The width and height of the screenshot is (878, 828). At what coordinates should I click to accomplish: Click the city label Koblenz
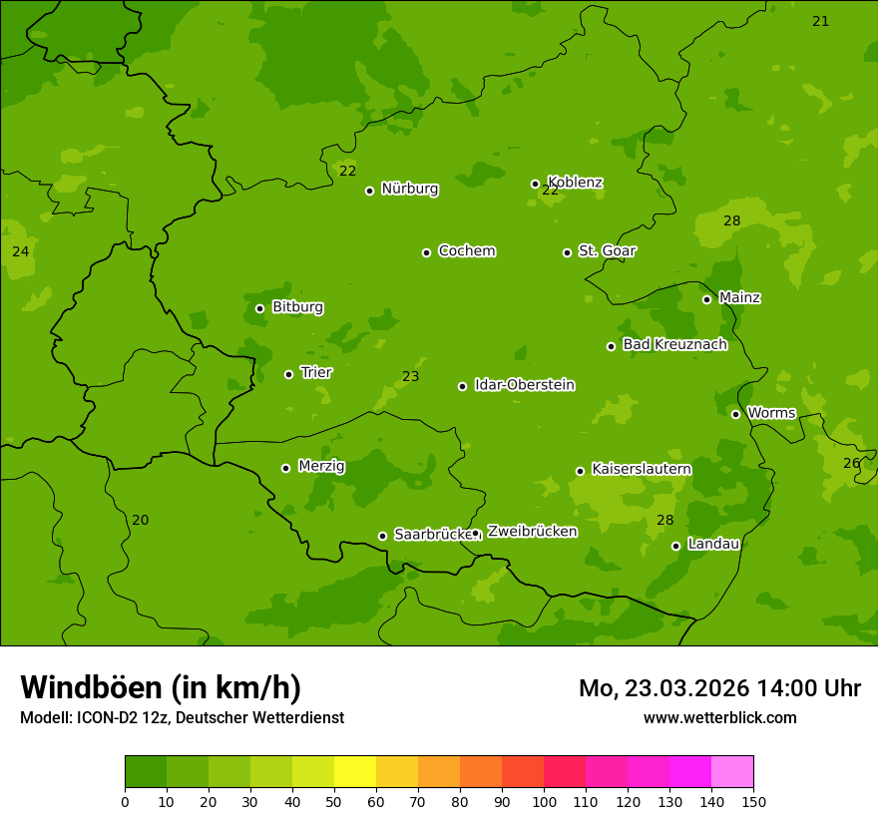[x=575, y=183]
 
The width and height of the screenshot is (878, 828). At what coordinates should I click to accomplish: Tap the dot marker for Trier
[x=289, y=374]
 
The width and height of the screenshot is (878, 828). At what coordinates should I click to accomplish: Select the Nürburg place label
[x=409, y=189]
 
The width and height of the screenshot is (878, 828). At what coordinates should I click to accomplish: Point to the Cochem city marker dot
[x=426, y=252]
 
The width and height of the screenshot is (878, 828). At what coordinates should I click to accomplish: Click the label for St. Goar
[x=607, y=250]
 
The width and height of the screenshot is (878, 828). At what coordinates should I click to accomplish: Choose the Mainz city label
[x=739, y=297]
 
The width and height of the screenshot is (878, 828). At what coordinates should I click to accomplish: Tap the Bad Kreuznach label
[x=674, y=344]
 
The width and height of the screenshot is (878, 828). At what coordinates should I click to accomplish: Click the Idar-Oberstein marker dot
[x=462, y=386]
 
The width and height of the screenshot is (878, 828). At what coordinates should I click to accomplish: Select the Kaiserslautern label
[x=642, y=469]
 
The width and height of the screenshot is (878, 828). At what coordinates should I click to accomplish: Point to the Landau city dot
[x=675, y=546]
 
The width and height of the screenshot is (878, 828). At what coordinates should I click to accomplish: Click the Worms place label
[x=771, y=413]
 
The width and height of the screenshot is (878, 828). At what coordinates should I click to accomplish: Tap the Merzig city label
[x=321, y=466]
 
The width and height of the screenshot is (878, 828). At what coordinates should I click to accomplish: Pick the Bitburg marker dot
[x=259, y=308]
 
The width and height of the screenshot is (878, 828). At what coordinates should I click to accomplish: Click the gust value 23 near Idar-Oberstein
[x=410, y=377]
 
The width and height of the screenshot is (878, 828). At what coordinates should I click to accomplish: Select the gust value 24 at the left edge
[x=20, y=251]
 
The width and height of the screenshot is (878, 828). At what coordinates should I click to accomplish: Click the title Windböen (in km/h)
[x=160, y=687]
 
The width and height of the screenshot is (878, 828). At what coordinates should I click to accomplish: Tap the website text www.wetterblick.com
[x=719, y=717]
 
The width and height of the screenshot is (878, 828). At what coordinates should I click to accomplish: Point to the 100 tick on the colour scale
[x=544, y=801]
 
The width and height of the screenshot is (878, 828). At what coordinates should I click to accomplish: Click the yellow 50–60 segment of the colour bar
[x=355, y=772]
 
